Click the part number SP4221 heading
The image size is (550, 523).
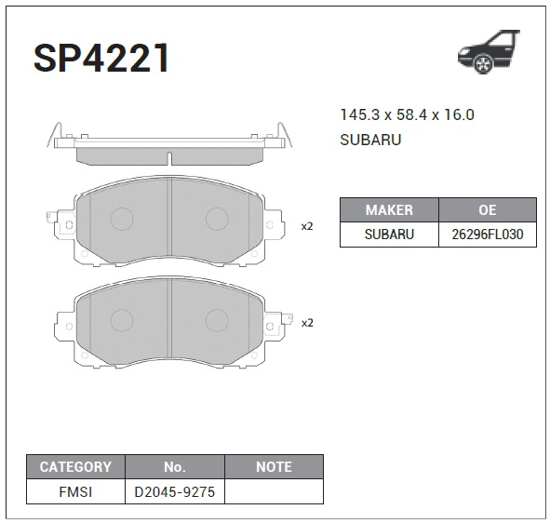coord(101,58)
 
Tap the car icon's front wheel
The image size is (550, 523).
coord(483,64)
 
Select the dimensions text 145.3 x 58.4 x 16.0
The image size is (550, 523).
coord(408,114)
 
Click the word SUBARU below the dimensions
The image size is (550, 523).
coord(370,140)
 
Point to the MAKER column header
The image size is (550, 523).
coord(389,209)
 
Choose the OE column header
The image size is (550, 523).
coord(488,209)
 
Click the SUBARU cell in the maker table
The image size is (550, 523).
coord(389,235)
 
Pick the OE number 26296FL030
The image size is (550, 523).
coord(488,235)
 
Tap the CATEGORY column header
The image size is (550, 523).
coord(75,467)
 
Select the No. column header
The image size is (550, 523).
coord(175,467)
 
